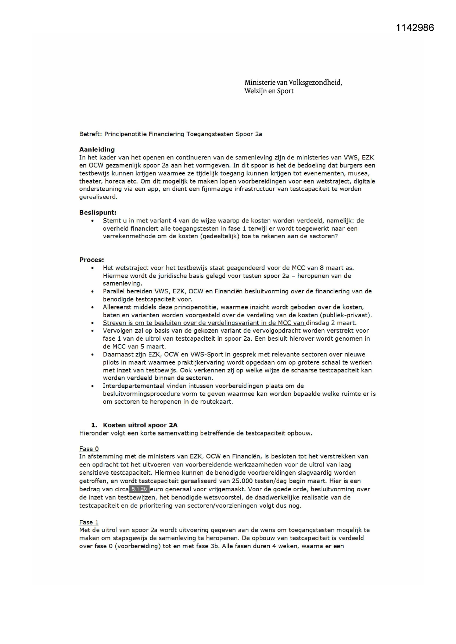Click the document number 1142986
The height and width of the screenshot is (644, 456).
(415, 28)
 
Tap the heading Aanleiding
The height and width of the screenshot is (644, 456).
(97, 149)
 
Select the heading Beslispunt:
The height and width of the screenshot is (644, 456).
(98, 212)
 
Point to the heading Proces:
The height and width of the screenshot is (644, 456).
(91, 260)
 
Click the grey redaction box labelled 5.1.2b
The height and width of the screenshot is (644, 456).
(139, 489)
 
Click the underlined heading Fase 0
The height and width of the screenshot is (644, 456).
(89, 449)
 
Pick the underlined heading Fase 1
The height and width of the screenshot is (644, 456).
(89, 522)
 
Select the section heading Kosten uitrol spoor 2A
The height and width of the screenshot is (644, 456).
(140, 425)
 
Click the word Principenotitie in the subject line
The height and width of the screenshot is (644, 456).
(125, 134)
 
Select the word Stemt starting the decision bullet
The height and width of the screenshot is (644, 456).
(111, 221)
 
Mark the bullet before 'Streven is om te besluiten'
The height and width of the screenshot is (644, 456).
(93, 323)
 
